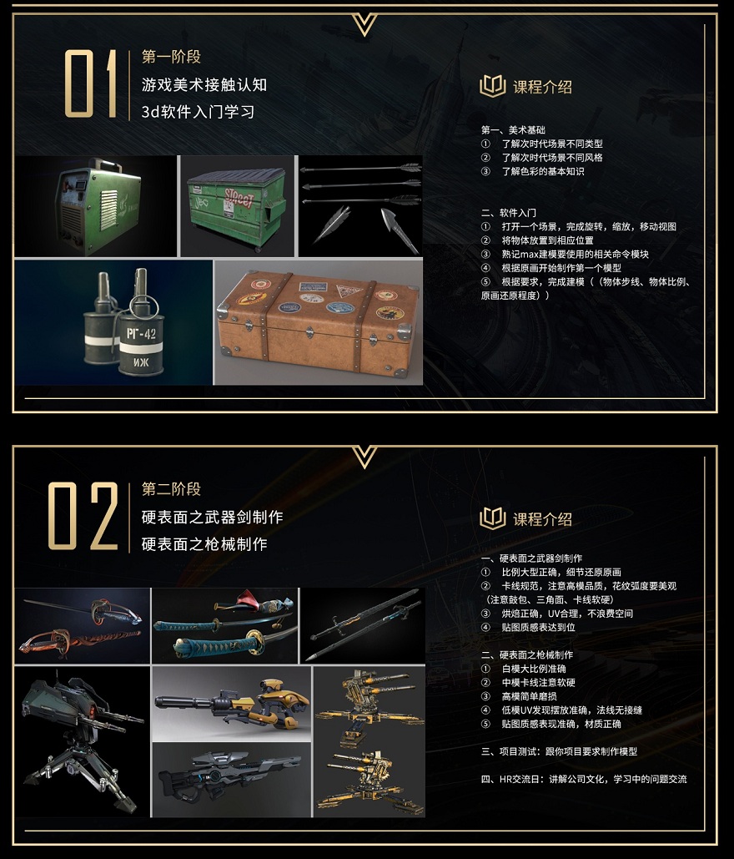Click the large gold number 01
[x=91, y=83]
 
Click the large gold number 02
[x=83, y=516]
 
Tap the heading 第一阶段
[x=171, y=57]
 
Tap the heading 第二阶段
[x=171, y=489]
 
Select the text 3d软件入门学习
[x=198, y=111]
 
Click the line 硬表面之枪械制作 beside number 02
[x=204, y=543]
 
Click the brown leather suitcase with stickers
[x=318, y=321]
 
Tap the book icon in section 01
[x=493, y=86]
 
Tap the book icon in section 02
[x=493, y=518]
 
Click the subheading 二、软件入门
[x=509, y=213]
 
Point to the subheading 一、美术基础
[x=514, y=130]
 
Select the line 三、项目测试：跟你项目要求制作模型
[x=559, y=751]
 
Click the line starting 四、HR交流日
[x=584, y=779]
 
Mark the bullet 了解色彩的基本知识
[x=542, y=171]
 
